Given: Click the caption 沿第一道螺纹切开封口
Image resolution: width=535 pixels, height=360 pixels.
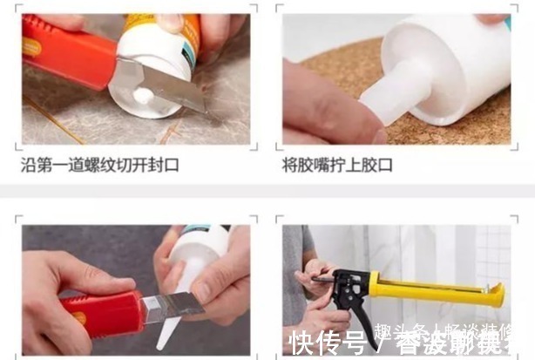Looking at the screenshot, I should tap(99, 164).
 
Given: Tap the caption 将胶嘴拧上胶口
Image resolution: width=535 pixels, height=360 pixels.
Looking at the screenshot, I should tap(340, 164).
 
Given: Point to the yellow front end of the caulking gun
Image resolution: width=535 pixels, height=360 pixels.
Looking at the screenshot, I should tap(494, 294).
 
